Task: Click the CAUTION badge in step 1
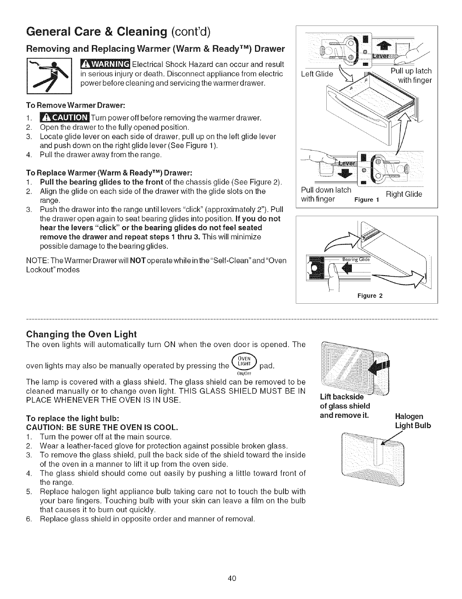64,118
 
